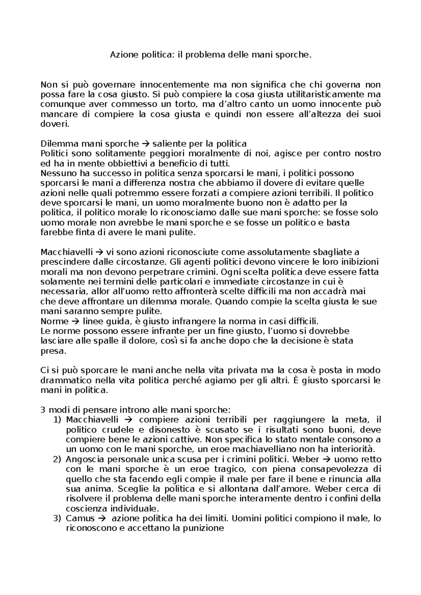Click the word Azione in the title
(122, 55)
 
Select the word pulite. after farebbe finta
(186, 232)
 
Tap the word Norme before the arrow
(55, 321)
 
